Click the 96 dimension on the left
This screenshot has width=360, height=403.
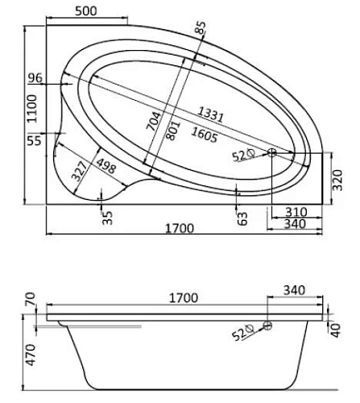pyautogui.click(x=34, y=79)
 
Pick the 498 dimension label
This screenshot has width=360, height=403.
pyautogui.click(x=103, y=165)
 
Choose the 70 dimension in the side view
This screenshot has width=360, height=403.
pyautogui.click(x=32, y=302)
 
